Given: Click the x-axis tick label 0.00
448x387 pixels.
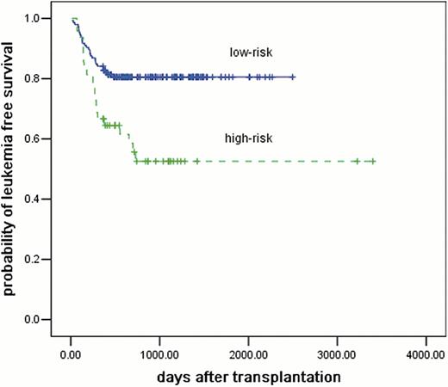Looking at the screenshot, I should click(x=72, y=353).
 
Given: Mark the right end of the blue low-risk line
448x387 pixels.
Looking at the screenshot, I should click(x=295, y=77).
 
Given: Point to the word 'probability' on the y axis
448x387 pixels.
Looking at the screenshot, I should click(x=10, y=261).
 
